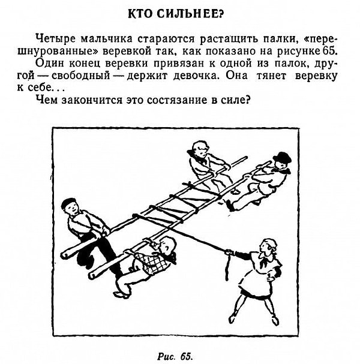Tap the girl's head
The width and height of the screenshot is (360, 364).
click(x=268, y=247)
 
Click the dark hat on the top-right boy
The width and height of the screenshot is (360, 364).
click(x=282, y=158)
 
